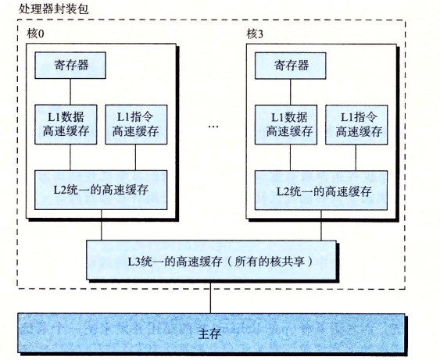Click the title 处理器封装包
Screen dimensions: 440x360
tap(54, 9)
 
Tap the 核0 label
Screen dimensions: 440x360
tap(35, 34)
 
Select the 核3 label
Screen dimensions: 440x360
tap(255, 34)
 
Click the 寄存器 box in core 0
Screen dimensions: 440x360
tap(70, 65)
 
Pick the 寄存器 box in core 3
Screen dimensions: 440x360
tap(291, 66)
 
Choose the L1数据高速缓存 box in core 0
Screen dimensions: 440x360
tap(66, 124)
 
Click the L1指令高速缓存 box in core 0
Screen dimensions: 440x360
tap(136, 124)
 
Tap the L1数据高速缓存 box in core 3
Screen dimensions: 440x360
tap(286, 125)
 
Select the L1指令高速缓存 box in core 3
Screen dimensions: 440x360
tap(356, 125)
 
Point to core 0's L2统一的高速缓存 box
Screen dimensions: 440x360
tap(101, 190)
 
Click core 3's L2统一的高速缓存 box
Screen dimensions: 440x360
tap(321, 190)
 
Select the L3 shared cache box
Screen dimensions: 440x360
tap(211, 260)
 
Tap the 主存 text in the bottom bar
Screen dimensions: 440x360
tap(209, 333)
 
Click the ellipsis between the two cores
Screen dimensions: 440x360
tap(213, 127)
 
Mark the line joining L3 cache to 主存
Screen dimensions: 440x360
tap(210, 297)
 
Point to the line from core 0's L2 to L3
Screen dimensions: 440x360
tap(102, 225)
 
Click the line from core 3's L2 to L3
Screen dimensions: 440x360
tap(321, 225)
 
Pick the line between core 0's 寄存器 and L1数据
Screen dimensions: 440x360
tap(70, 91)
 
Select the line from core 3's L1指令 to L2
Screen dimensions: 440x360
tap(356, 158)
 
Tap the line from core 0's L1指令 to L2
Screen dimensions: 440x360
tap(135, 157)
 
